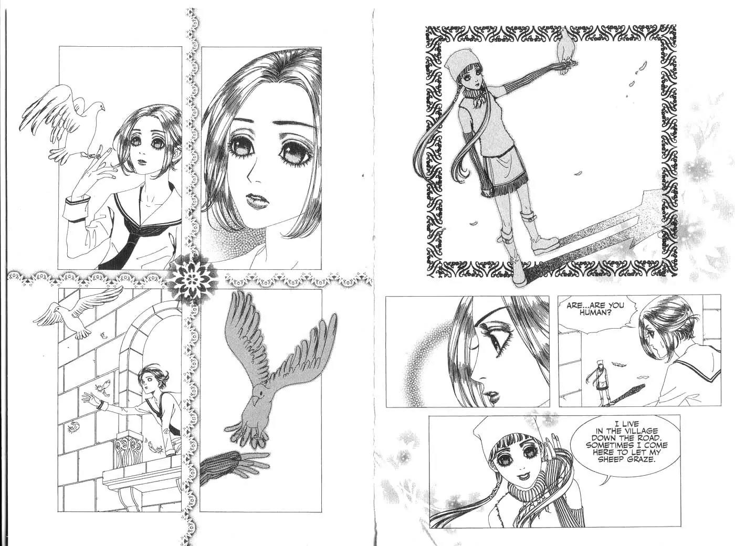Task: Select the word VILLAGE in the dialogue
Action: pyautogui.click(x=639, y=430)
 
